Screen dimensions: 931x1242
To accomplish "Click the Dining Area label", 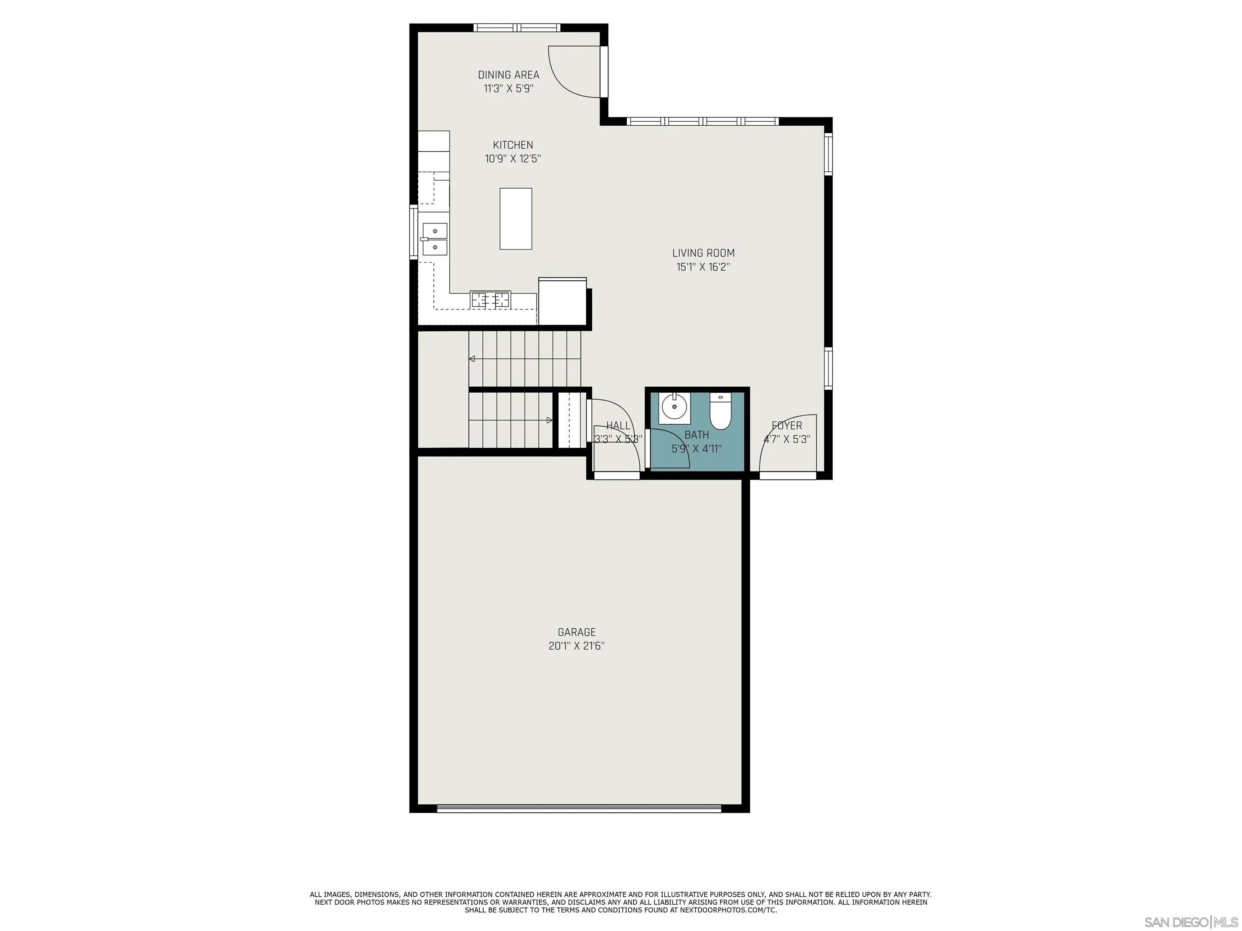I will point(508,75).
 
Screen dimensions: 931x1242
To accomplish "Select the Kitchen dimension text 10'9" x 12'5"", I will point(513,159).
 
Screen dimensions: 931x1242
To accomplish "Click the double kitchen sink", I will point(435,238).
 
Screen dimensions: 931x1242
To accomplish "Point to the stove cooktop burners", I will point(490,300).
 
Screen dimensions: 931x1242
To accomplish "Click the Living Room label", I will point(703,253).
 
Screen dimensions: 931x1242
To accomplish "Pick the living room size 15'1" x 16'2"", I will point(703,267).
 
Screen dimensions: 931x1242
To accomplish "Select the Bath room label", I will point(696,435).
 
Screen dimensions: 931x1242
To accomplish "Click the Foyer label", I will point(787,425).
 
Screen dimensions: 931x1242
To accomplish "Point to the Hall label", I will point(618,426).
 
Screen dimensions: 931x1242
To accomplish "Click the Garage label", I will point(576,632).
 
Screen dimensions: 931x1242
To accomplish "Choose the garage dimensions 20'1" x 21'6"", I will point(576,646).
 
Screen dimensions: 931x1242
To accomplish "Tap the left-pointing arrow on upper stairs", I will point(472,358).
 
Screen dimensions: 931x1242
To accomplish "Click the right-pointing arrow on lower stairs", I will point(549,420).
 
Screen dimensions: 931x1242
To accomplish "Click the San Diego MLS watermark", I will point(1190,922).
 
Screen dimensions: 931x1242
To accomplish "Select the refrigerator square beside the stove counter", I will point(562,302).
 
